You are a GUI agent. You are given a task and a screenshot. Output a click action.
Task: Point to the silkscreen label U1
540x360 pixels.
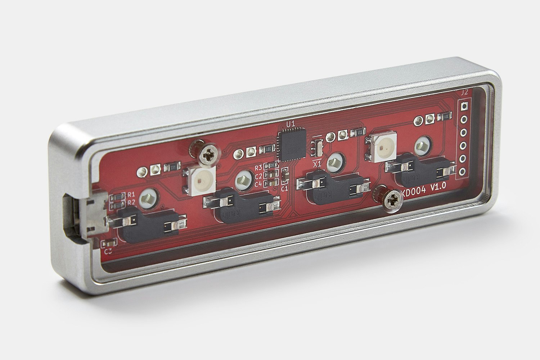click(x=290, y=124)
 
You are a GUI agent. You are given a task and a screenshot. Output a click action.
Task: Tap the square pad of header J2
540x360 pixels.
click(x=464, y=107)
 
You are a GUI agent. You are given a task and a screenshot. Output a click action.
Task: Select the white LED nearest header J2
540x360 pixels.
click(x=380, y=147)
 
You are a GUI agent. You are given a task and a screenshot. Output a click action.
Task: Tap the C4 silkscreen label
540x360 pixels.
click(x=258, y=184)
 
